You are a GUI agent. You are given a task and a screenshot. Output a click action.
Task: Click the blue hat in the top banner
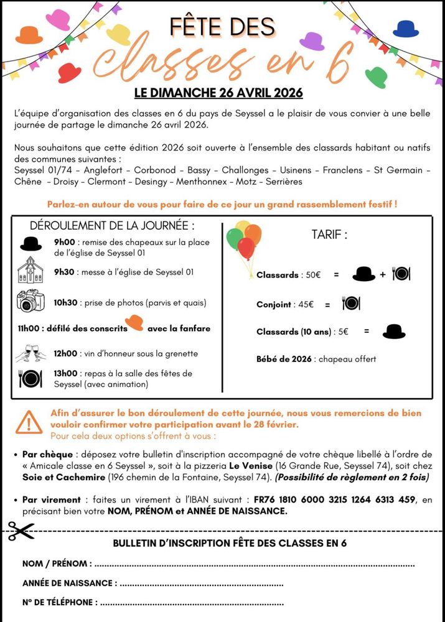(406, 29)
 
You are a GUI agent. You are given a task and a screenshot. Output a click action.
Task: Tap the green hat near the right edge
(376, 77)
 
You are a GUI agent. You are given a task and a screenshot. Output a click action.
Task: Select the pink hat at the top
(58, 19)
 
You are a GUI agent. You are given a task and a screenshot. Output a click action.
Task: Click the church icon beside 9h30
(30, 271)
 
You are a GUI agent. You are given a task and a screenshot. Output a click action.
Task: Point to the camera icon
(30, 301)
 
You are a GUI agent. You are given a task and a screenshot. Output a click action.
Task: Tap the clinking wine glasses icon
(30, 353)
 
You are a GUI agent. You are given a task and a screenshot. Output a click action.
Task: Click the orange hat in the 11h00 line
(134, 323)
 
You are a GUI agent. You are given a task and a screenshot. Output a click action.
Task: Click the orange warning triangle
(29, 422)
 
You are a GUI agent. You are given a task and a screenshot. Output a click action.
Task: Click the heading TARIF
(329, 234)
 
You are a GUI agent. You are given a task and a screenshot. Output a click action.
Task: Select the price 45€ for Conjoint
(306, 305)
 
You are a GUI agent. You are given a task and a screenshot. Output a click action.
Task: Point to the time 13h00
(65, 373)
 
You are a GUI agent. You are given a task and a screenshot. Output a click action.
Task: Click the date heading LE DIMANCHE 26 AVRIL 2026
(218, 93)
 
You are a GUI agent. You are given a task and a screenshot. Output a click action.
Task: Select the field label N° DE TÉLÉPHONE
(60, 602)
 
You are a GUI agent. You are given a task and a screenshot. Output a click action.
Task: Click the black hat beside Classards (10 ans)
(393, 332)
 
